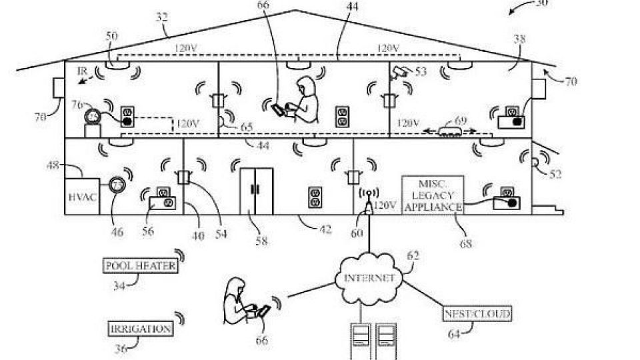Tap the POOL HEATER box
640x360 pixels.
pyautogui.click(x=140, y=265)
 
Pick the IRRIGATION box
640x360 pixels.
pyautogui.click(x=140, y=329)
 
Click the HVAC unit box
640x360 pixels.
pyautogui.click(x=82, y=197)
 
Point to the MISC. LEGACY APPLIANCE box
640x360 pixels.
pyautogui.click(x=432, y=195)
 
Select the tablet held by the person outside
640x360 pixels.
pyautogui.click(x=264, y=311)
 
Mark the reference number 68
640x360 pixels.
pyautogui.click(x=465, y=244)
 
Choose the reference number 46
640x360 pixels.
pyautogui.click(x=117, y=233)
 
